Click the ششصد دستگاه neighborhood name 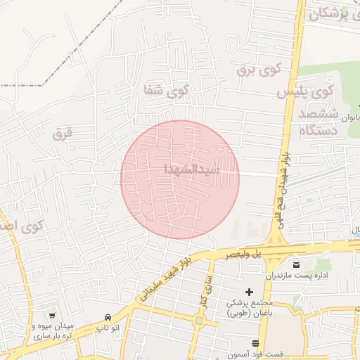tap(319, 122)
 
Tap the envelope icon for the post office tap(295, 264)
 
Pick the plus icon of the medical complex tap(249, 292)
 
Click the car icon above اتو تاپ tap(107, 316)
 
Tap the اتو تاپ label tap(107, 327)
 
